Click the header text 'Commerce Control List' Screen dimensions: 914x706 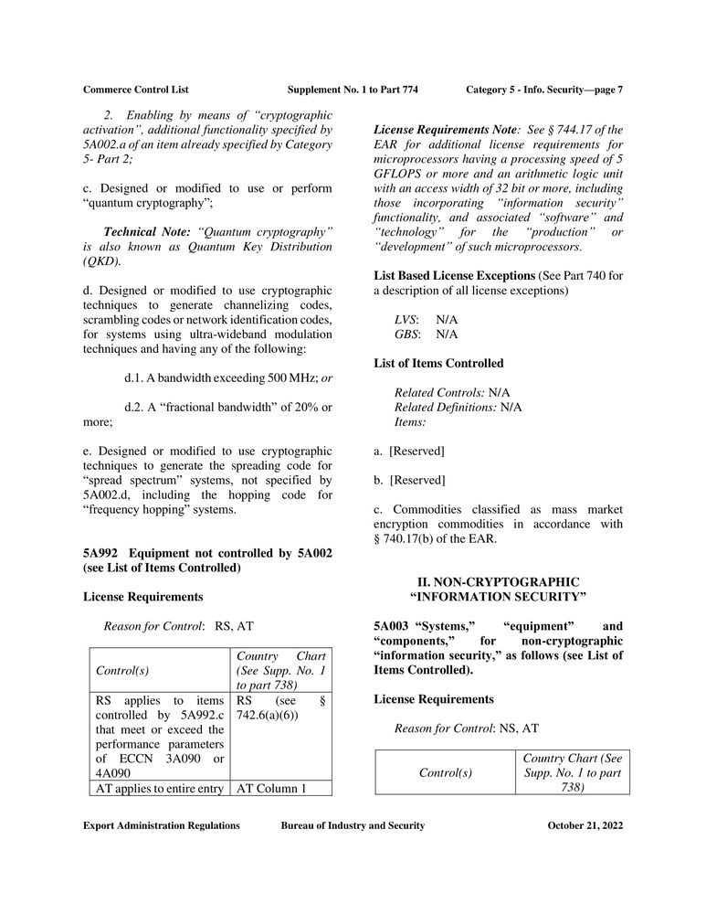(x=135, y=90)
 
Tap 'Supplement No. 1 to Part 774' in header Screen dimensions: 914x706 (x=353, y=90)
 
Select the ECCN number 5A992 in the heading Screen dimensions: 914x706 (x=102, y=553)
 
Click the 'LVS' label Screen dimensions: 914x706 (x=406, y=319)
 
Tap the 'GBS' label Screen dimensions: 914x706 (x=406, y=335)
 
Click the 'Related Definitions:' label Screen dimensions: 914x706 (x=446, y=407)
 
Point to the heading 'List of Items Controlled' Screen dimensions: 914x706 (x=438, y=363)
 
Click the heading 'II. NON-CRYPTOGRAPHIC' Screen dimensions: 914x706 (x=498, y=581)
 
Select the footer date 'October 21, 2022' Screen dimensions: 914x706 (x=585, y=825)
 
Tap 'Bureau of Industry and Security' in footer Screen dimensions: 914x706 (x=353, y=825)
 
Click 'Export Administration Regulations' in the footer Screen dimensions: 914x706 (x=162, y=825)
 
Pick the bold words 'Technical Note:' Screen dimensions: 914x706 (x=149, y=232)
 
